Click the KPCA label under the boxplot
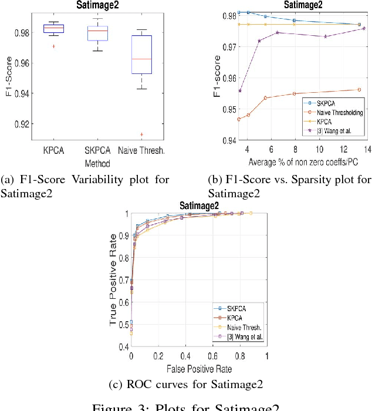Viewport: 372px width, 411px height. click(x=53, y=151)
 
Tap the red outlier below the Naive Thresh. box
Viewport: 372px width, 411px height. click(x=141, y=134)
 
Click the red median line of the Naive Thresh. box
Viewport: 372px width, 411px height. click(x=141, y=59)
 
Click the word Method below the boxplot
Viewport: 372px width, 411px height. click(x=96, y=161)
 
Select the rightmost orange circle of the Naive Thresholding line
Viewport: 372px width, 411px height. click(x=360, y=90)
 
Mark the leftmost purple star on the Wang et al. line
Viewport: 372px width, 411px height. click(x=239, y=91)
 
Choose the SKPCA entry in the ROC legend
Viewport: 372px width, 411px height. click(x=237, y=307)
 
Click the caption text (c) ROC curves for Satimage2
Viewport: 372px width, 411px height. click(x=186, y=385)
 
